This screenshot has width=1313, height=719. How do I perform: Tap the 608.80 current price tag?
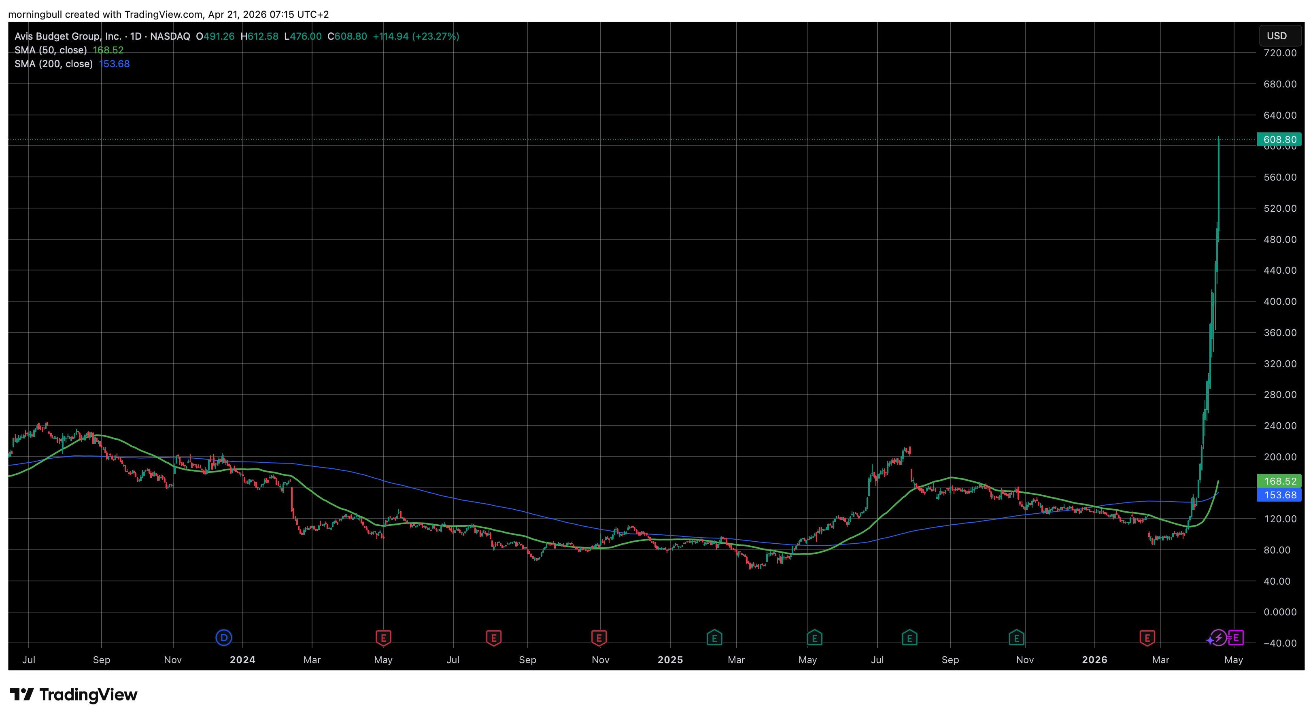pos(1279,139)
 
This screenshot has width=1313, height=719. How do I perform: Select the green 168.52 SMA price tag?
pos(1279,481)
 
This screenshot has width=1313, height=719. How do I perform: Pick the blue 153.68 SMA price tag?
pos(1279,495)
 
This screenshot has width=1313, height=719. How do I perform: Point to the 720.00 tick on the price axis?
pos(1279,53)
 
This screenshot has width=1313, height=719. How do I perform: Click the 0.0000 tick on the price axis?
pos(1279,612)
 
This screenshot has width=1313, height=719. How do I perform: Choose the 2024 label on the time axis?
pos(242,660)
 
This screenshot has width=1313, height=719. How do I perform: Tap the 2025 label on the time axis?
pos(670,660)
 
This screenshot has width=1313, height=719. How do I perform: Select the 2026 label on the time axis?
pos(1094,660)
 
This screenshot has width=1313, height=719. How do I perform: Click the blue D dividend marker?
pos(224,637)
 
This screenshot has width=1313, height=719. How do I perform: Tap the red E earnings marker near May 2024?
pos(383,637)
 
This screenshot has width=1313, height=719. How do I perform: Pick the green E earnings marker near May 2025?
pos(814,637)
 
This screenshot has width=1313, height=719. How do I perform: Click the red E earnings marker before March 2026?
pos(1147,637)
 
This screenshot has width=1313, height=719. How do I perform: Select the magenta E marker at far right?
pos(1236,637)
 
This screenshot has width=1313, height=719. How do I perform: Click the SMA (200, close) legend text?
pos(53,64)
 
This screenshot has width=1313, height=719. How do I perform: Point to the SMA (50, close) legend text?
pos(51,50)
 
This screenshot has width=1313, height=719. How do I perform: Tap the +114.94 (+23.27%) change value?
pos(416,36)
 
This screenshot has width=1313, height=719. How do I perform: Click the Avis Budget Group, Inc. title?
pos(68,36)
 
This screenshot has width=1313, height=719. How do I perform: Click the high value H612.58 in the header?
pos(259,36)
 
